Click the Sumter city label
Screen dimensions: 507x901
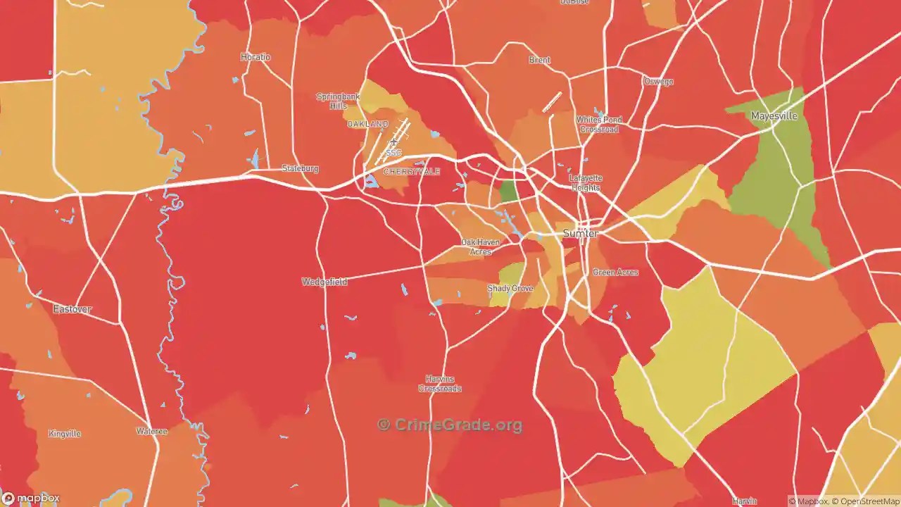click(580, 233)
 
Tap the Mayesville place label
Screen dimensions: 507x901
click(774, 116)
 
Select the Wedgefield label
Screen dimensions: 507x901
click(325, 282)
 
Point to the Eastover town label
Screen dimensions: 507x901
click(73, 309)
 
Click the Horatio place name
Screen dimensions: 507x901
click(255, 57)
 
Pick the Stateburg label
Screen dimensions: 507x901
click(300, 169)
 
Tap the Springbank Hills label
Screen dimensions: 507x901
click(338, 101)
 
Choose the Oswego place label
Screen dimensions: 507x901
click(658, 82)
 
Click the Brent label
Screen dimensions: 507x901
click(539, 61)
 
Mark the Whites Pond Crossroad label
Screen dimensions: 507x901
click(599, 125)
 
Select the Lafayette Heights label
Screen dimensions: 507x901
click(585, 183)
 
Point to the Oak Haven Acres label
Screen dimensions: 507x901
click(480, 246)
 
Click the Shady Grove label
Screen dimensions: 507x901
click(510, 289)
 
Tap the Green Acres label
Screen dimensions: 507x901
click(615, 273)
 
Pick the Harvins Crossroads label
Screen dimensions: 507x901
click(440, 384)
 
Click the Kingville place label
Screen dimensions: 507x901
click(65, 434)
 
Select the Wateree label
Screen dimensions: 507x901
click(151, 431)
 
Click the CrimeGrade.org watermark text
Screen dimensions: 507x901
click(450, 425)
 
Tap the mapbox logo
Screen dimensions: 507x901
click(31, 498)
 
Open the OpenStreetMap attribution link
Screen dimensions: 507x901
click(865, 501)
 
